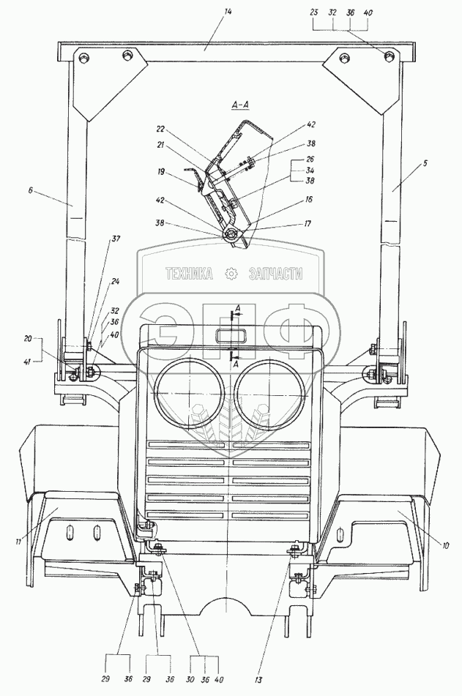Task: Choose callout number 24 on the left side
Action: coord(116,280)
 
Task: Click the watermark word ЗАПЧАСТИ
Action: coord(275,274)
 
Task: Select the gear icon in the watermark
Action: coord(231,274)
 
